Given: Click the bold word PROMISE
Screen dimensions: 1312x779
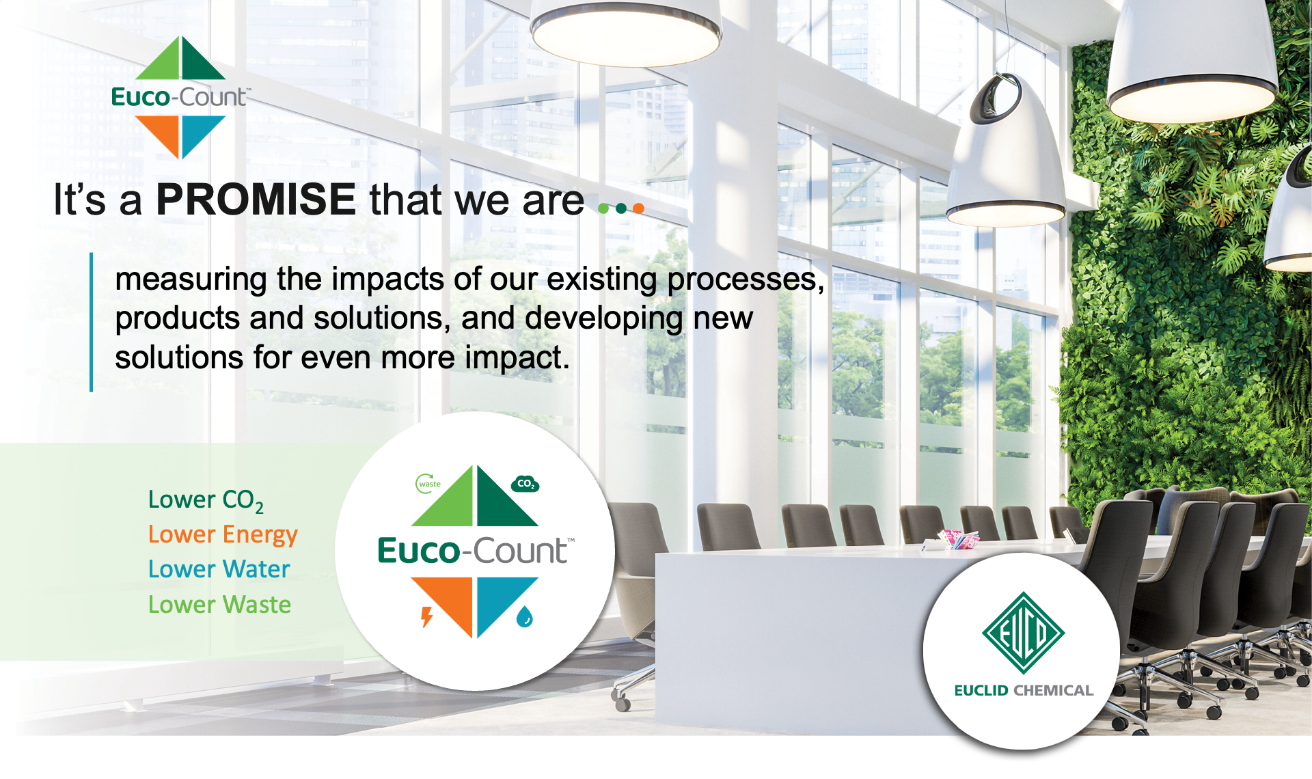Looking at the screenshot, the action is (256, 199).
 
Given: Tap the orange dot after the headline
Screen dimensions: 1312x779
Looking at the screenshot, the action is (638, 208).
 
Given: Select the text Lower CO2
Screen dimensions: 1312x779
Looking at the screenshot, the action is (206, 501).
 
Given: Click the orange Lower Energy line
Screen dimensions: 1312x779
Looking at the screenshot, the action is (223, 535).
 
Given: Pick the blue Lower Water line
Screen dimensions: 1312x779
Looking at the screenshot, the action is (219, 569).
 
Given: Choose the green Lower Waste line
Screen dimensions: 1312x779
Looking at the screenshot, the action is (219, 605).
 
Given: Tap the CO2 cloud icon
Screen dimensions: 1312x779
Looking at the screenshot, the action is (525, 484).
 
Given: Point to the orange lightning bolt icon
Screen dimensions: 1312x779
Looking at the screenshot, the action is (427, 616).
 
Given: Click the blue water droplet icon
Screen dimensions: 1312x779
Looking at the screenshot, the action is (524, 616).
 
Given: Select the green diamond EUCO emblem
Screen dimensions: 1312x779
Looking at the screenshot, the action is (1023, 633).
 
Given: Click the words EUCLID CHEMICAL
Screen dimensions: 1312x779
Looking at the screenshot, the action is (1024, 690).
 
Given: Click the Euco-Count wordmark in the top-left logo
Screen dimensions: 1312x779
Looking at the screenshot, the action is (180, 97).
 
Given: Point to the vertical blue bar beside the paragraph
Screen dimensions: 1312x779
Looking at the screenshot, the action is (91, 322).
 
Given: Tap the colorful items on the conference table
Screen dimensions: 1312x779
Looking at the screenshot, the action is (957, 540).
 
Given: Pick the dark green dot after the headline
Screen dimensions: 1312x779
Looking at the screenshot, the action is (621, 208).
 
